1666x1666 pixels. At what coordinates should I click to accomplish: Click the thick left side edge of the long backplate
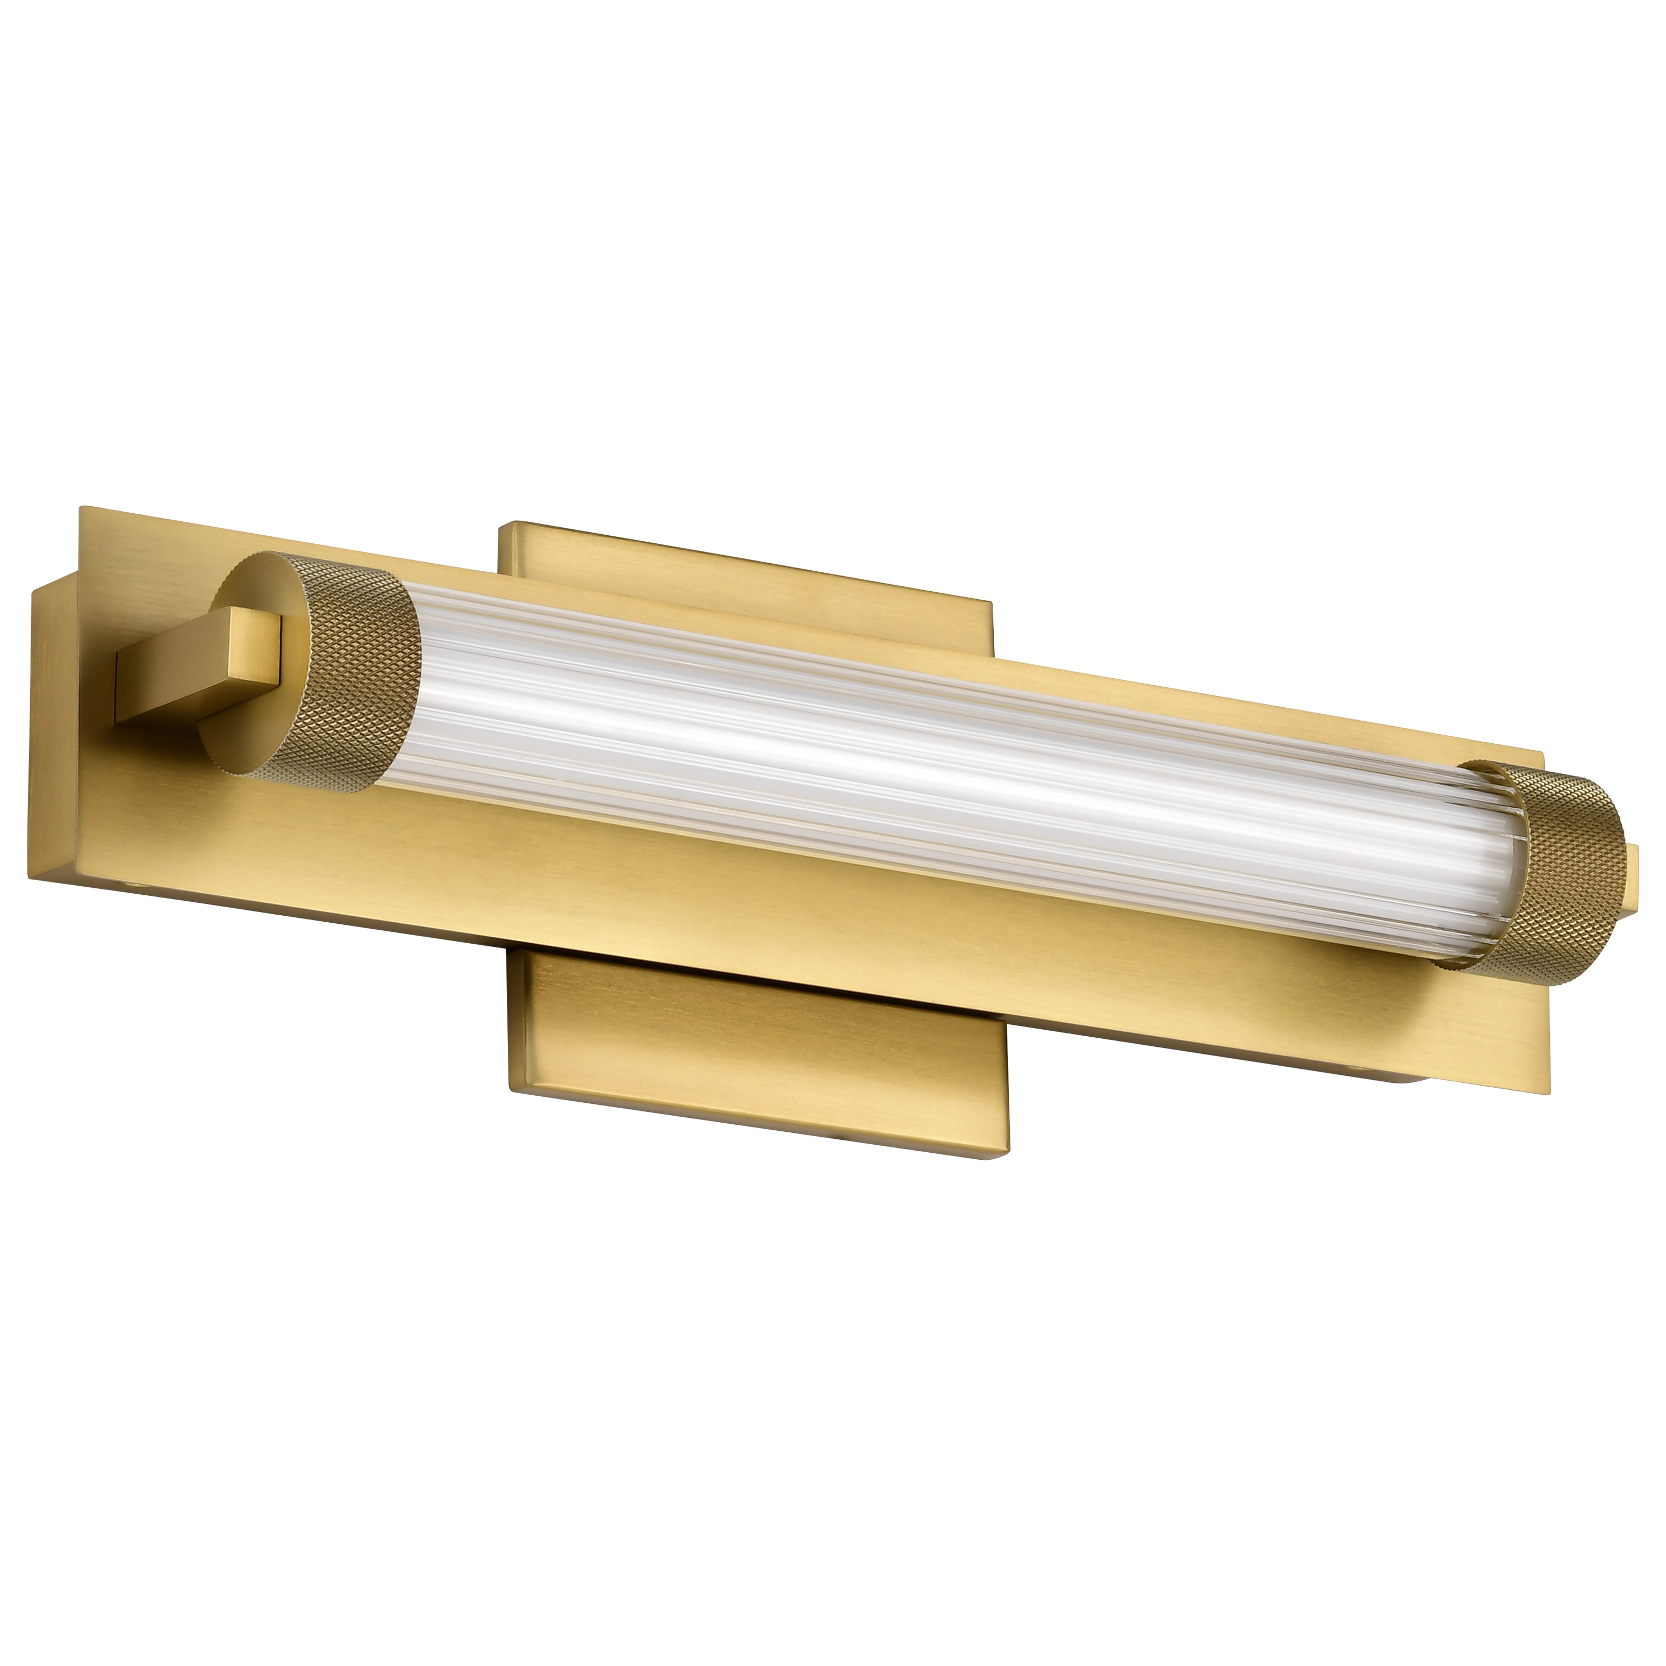click(x=52, y=733)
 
